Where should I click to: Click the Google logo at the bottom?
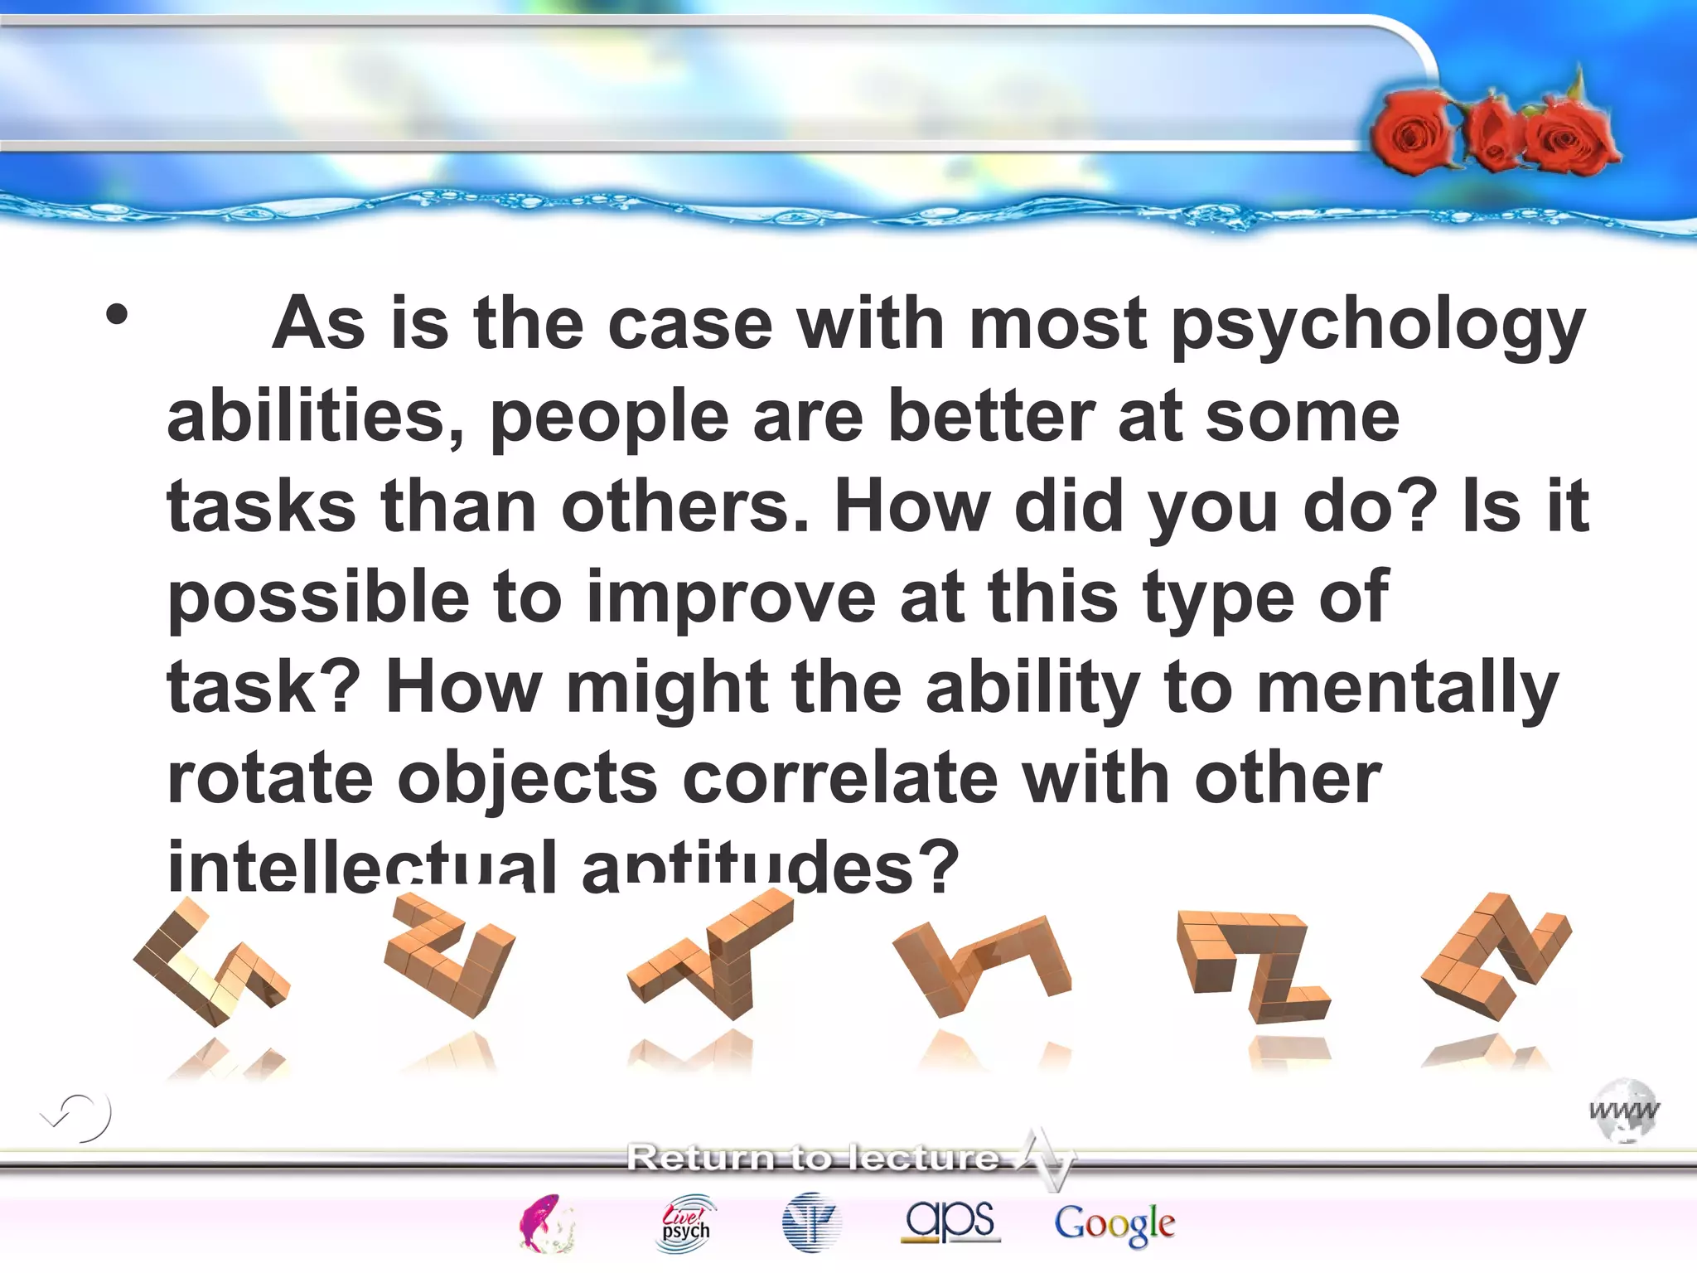click(x=1114, y=1224)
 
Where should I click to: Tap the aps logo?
click(x=950, y=1221)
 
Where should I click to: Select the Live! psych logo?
click(x=686, y=1222)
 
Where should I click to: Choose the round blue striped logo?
click(x=811, y=1222)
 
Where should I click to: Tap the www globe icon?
click(x=1624, y=1111)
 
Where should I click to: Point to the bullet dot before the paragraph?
click(x=117, y=315)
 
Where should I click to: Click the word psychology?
click(x=1377, y=325)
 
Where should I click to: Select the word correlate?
click(x=840, y=779)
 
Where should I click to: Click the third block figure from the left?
click(x=713, y=953)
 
